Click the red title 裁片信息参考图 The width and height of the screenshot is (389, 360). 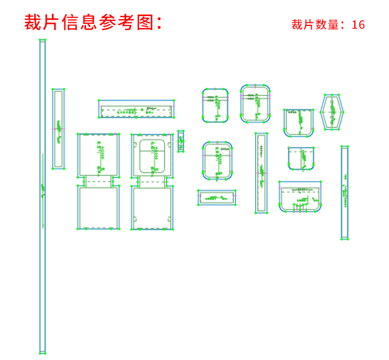coord(93,22)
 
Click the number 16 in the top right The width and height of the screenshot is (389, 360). coord(358,25)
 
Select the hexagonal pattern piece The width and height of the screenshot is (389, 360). coord(332,112)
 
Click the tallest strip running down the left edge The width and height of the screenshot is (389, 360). coord(43,197)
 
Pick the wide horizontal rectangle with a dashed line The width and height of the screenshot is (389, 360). coord(136,109)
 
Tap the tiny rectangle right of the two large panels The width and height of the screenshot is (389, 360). coord(180,141)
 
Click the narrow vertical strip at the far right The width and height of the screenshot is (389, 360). coord(344,192)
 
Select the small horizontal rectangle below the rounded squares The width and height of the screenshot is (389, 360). coord(216,198)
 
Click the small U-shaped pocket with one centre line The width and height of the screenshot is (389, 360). coord(301,158)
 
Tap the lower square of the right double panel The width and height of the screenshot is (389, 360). coord(152,207)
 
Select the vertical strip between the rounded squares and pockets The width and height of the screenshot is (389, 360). coord(261,173)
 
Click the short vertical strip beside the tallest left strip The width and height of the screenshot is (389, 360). coord(58,128)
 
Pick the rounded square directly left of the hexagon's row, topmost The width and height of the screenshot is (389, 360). coord(255,104)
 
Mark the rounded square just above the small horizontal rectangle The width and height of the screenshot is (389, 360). coord(217,160)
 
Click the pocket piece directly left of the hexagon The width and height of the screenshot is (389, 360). coord(298,122)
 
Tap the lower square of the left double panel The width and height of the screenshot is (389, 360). coord(99,207)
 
